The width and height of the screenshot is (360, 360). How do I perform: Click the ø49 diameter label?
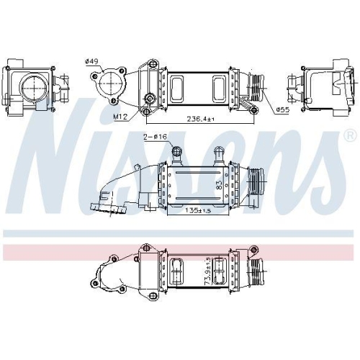(x=91, y=61)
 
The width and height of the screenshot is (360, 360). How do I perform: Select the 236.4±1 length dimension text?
(x=201, y=119)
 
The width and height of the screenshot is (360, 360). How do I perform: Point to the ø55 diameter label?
(x=283, y=109)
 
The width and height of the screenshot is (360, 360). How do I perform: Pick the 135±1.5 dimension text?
(x=199, y=210)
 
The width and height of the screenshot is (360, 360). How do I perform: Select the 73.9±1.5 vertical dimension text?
(x=207, y=271)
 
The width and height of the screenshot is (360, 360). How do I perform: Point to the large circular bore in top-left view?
(x=32, y=86)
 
